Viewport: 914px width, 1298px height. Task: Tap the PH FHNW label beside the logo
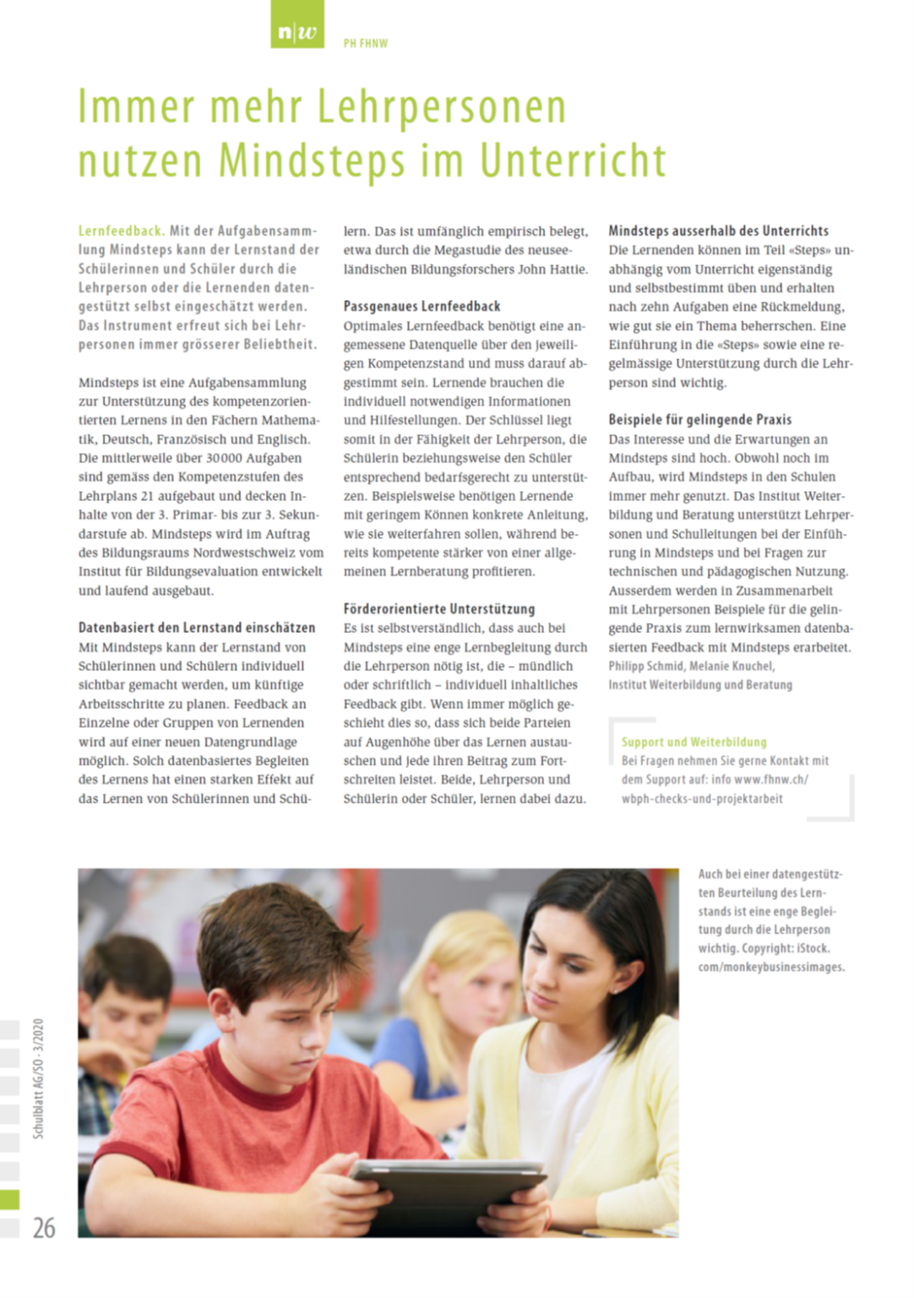[365, 43]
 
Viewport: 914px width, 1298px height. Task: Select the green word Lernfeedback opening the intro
[120, 231]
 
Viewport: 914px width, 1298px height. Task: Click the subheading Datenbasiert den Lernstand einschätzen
[197, 628]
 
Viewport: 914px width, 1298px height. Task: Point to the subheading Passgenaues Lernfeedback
[422, 306]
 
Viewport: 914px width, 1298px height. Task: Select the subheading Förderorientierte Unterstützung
[438, 608]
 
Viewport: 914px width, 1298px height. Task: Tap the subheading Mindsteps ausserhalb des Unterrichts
[718, 231]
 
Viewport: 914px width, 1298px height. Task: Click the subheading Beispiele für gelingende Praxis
[699, 419]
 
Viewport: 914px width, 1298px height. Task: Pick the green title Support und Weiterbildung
[694, 742]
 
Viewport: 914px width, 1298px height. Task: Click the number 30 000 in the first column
[230, 458]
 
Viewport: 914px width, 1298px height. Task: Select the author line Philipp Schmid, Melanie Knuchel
[691, 666]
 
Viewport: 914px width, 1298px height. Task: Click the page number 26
[44, 1228]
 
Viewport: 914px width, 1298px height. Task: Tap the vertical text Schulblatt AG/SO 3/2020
[39, 1078]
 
